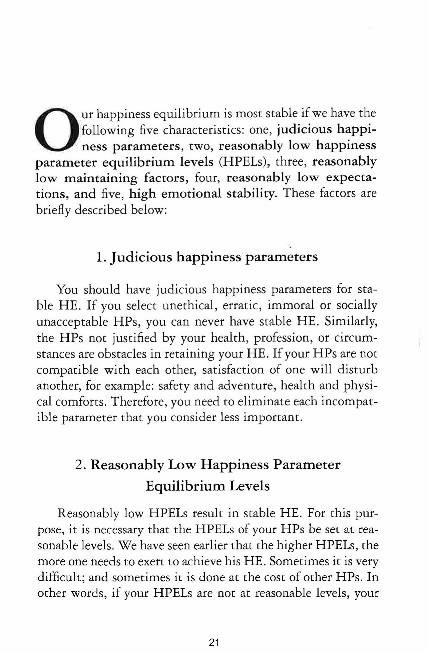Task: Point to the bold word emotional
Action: [x=191, y=194]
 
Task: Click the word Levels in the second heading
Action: [x=249, y=486]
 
